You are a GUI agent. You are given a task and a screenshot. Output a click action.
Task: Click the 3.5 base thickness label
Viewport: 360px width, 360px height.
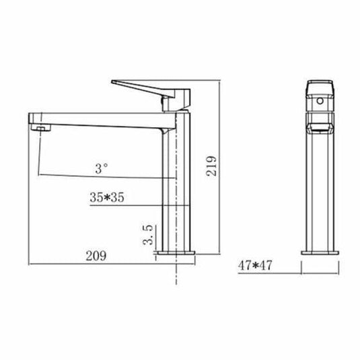click(x=151, y=236)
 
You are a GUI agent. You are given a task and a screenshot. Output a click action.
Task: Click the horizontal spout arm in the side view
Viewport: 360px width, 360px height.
click(x=101, y=118)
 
